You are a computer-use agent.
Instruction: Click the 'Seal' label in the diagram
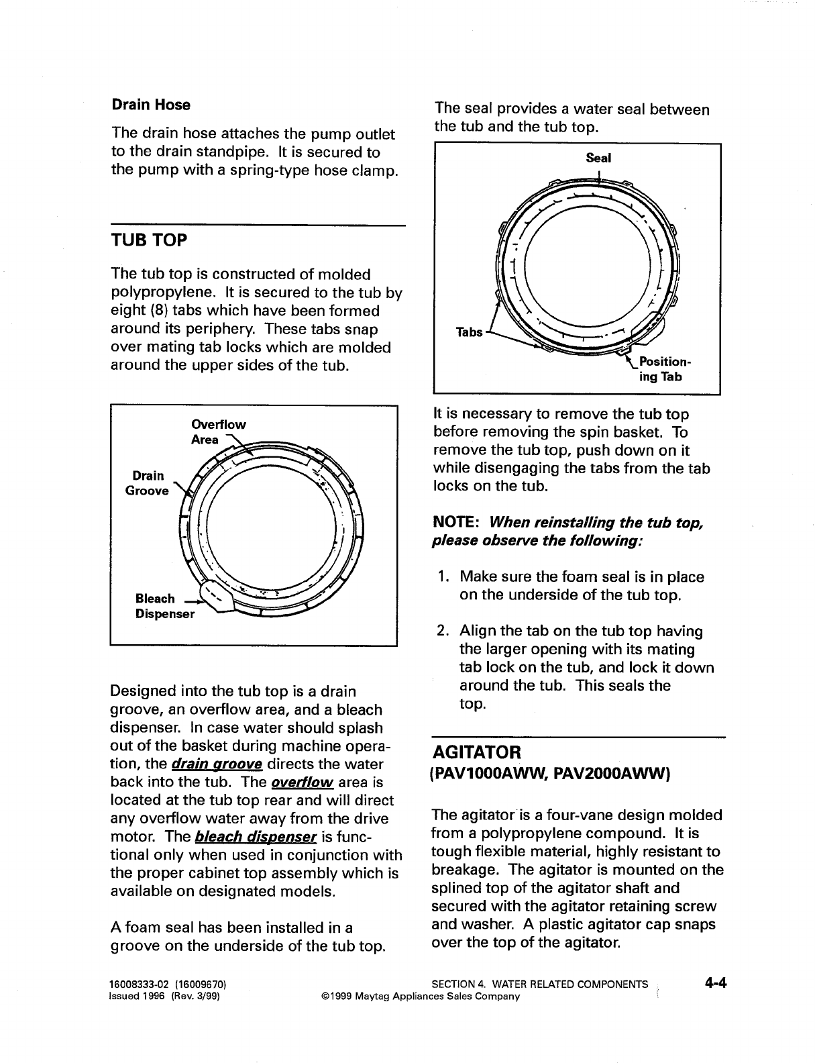click(598, 158)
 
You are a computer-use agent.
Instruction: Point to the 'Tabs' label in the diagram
click(469, 332)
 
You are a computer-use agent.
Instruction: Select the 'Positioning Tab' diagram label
click(661, 369)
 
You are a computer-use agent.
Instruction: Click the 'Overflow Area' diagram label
click(218, 432)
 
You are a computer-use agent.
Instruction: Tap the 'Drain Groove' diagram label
click(147, 483)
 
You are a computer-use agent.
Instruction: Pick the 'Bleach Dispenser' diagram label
click(164, 605)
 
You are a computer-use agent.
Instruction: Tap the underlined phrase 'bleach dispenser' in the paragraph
click(256, 837)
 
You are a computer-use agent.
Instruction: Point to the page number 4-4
click(716, 984)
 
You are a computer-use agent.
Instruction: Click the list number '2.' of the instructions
click(443, 631)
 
